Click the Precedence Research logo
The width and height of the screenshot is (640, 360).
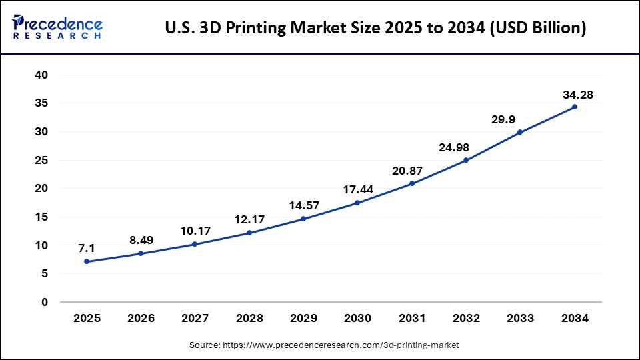[x=57, y=27]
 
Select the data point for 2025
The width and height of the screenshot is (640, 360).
[x=87, y=261]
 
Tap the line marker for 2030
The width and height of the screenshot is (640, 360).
[x=357, y=203]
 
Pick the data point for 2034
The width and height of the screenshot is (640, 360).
[x=574, y=107]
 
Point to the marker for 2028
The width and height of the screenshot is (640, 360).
[x=249, y=233]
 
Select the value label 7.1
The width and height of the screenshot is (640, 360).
[x=87, y=248]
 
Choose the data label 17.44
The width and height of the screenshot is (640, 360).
[x=358, y=190]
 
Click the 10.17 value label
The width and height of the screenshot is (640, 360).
[x=195, y=231]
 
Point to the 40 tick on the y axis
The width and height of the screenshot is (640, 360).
[x=41, y=75]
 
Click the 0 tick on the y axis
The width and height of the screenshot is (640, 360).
[x=45, y=302]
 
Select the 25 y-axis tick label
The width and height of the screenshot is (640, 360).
[x=41, y=160]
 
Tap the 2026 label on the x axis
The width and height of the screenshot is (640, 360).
[x=141, y=319]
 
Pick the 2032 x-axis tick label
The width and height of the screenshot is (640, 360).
[x=466, y=319]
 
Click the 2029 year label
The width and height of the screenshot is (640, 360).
[x=303, y=319]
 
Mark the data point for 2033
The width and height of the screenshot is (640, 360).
[x=520, y=132]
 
